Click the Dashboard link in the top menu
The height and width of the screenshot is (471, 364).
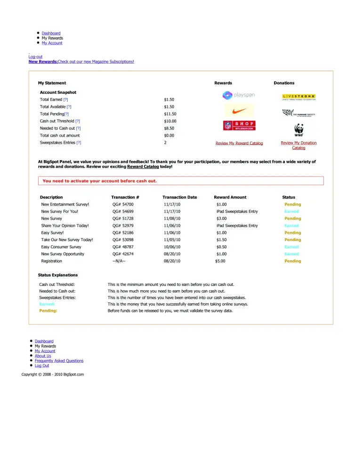pyautogui.click(x=51, y=33)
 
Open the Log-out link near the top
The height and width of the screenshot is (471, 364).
pyautogui.click(x=35, y=57)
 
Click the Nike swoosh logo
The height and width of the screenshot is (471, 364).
pyautogui.click(x=239, y=111)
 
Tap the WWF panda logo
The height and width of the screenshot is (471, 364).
pyautogui.click(x=299, y=130)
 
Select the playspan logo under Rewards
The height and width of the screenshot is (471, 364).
pyautogui.click(x=239, y=95)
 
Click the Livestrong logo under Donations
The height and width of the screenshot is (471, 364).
pyautogui.click(x=299, y=97)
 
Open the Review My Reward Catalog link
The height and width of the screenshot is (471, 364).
pyautogui.click(x=239, y=143)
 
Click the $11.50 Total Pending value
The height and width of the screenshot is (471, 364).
pyautogui.click(x=170, y=114)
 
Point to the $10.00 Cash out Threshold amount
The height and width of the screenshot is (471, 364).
pyautogui.click(x=170, y=121)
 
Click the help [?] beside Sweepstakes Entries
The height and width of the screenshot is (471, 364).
pyautogui.click(x=79, y=142)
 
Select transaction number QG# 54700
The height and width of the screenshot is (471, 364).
pyautogui.click(x=123, y=204)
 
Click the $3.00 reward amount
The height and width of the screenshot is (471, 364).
pyautogui.click(x=221, y=219)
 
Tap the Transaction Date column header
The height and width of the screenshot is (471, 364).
pyautogui.click(x=179, y=197)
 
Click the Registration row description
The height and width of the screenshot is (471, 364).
pyautogui.click(x=51, y=261)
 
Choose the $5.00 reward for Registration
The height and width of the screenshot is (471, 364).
pyautogui.click(x=220, y=261)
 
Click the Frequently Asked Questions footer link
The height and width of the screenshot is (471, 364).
pyautogui.click(x=59, y=361)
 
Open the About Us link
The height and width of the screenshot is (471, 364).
pyautogui.click(x=43, y=356)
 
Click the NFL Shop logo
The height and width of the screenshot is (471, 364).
pyautogui.click(x=239, y=126)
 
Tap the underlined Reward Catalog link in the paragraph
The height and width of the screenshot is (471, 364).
pyautogui.click(x=143, y=167)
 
